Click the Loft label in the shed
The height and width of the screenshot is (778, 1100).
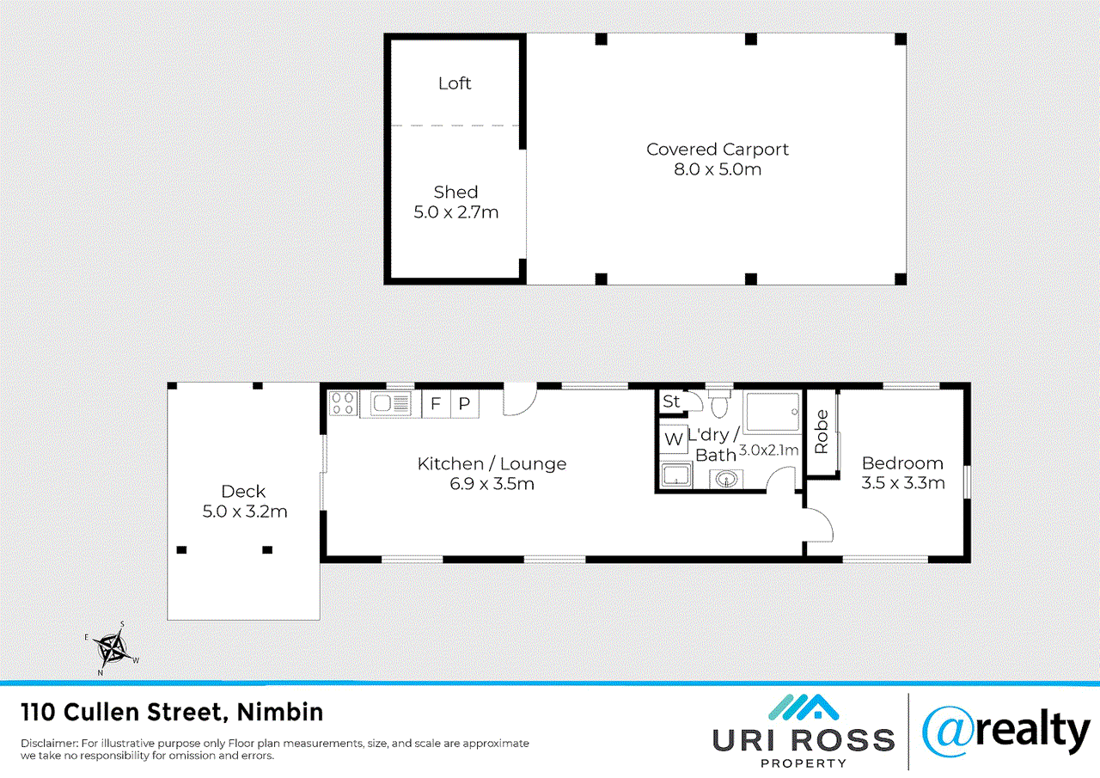click(x=455, y=83)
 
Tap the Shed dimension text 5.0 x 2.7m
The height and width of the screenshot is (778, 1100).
click(x=455, y=211)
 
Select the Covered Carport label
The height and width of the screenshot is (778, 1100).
click(x=718, y=150)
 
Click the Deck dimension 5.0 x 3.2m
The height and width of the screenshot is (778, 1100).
click(x=243, y=512)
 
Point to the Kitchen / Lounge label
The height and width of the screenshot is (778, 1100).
click(x=492, y=464)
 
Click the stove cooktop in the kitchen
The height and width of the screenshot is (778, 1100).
click(x=343, y=403)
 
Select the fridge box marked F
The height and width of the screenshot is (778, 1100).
click(x=436, y=404)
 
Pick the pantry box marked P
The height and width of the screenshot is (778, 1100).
click(x=464, y=404)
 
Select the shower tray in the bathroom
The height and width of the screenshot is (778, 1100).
click(x=773, y=414)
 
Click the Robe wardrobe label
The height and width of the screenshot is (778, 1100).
click(x=822, y=432)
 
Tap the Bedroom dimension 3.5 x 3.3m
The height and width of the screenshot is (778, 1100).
click(x=903, y=483)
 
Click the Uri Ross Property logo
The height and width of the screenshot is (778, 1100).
click(x=804, y=730)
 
